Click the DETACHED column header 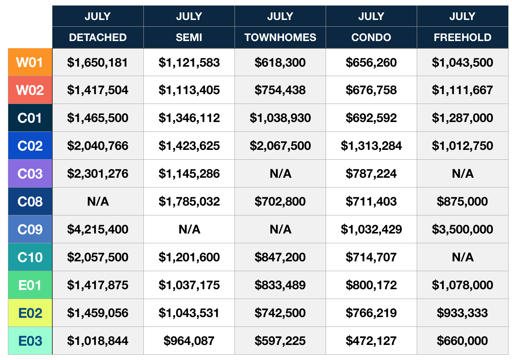tap(98, 38)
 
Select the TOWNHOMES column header tap(280, 38)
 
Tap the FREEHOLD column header tap(463, 38)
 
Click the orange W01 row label tap(30, 62)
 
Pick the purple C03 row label tap(30, 174)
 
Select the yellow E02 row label tap(30, 313)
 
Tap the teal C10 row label tap(30, 257)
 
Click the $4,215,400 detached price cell tap(98, 229)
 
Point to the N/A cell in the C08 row tap(98, 201)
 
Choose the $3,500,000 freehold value tap(463, 229)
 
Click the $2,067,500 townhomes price tap(280, 146)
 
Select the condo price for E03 tap(371, 341)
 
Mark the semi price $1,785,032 tap(189, 201)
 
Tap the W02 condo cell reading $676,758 tap(371, 90)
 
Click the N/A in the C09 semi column tap(189, 229)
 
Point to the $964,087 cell tap(189, 341)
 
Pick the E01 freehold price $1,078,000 tap(463, 285)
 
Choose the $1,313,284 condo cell tap(371, 146)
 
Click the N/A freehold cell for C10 tap(463, 257)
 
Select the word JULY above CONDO tap(371, 16)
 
